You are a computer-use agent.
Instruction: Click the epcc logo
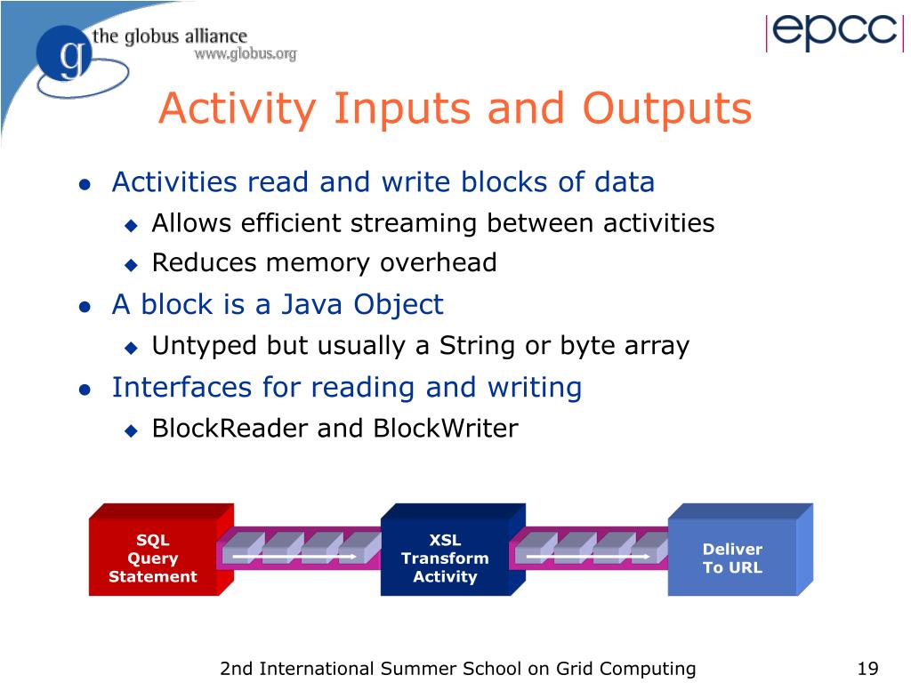pos(834,32)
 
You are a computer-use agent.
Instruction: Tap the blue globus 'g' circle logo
pos(64,52)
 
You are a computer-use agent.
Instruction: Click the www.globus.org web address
pos(246,54)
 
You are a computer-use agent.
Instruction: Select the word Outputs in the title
pos(667,108)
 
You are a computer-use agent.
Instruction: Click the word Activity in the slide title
pos(238,109)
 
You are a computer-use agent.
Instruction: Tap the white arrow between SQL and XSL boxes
pos(294,557)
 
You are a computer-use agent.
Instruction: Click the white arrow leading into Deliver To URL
pos(588,557)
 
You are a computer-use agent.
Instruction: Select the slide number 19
pos(867,669)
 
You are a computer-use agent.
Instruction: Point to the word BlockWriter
pos(445,428)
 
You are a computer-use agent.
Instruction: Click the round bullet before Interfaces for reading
pos(85,390)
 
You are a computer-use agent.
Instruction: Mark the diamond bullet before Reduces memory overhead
pos(132,265)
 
